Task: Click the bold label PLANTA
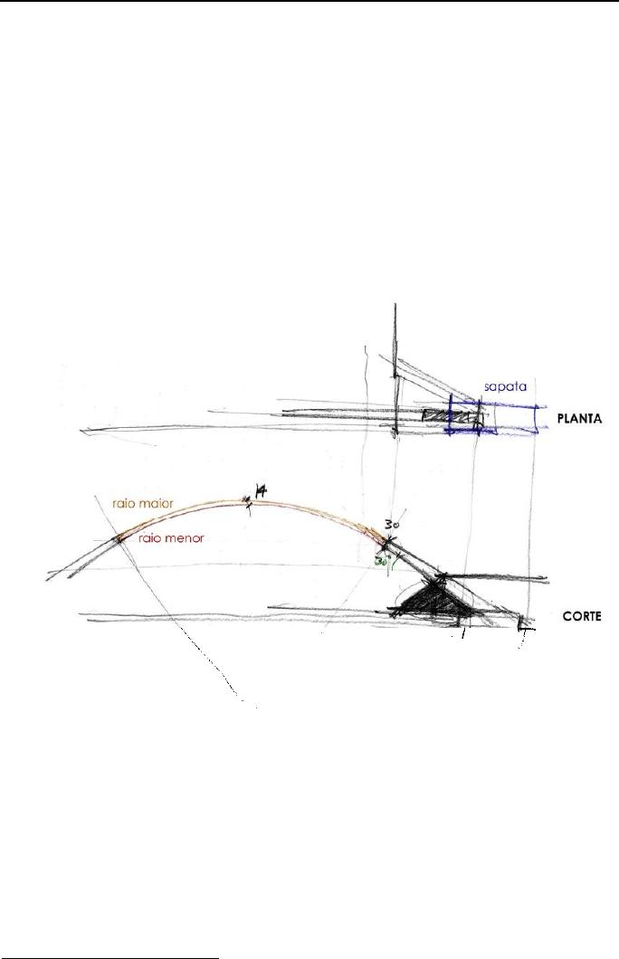click(579, 419)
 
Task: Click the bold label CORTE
click(582, 616)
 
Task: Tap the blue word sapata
click(505, 387)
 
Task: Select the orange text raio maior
click(142, 503)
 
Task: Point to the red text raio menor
click(171, 538)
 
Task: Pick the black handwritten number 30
click(392, 525)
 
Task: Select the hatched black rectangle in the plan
click(450, 417)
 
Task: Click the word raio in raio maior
click(123, 503)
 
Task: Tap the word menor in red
click(185, 538)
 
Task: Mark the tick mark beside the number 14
click(248, 503)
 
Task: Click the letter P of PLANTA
click(561, 419)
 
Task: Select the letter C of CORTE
click(567, 616)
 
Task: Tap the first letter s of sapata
click(487, 388)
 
